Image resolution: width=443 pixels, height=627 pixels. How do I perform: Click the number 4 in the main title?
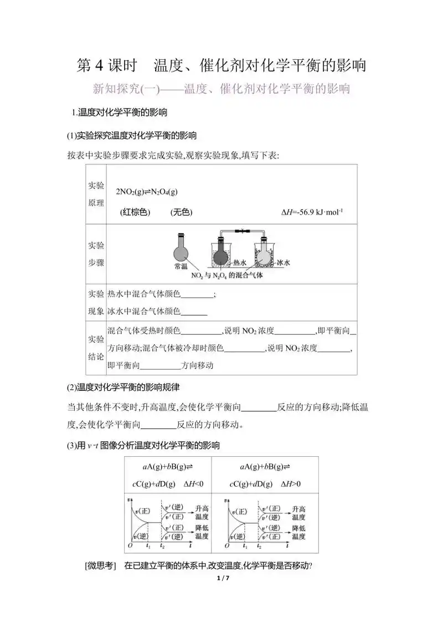(100, 65)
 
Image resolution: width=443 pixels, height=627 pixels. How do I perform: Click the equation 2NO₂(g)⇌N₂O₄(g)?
(147, 191)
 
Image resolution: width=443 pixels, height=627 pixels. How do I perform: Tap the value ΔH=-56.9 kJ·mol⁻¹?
(312, 212)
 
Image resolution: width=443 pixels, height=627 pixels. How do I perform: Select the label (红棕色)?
(135, 212)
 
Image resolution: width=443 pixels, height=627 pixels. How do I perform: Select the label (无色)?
(181, 212)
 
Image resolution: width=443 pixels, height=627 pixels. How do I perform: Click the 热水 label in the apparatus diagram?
(239, 263)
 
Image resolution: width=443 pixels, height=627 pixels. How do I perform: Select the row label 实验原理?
(96, 194)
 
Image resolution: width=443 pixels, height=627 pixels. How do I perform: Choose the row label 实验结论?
(96, 348)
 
